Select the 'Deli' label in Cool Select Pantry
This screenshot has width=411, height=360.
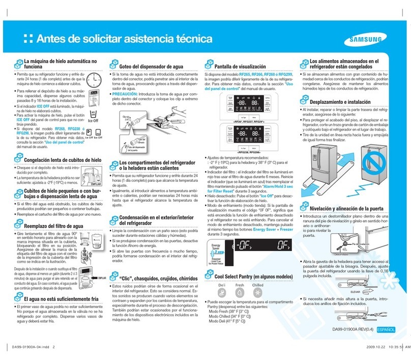(x=221, y=286)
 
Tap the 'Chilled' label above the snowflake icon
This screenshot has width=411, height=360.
(x=258, y=286)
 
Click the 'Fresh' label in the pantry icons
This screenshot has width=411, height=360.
(x=240, y=286)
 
